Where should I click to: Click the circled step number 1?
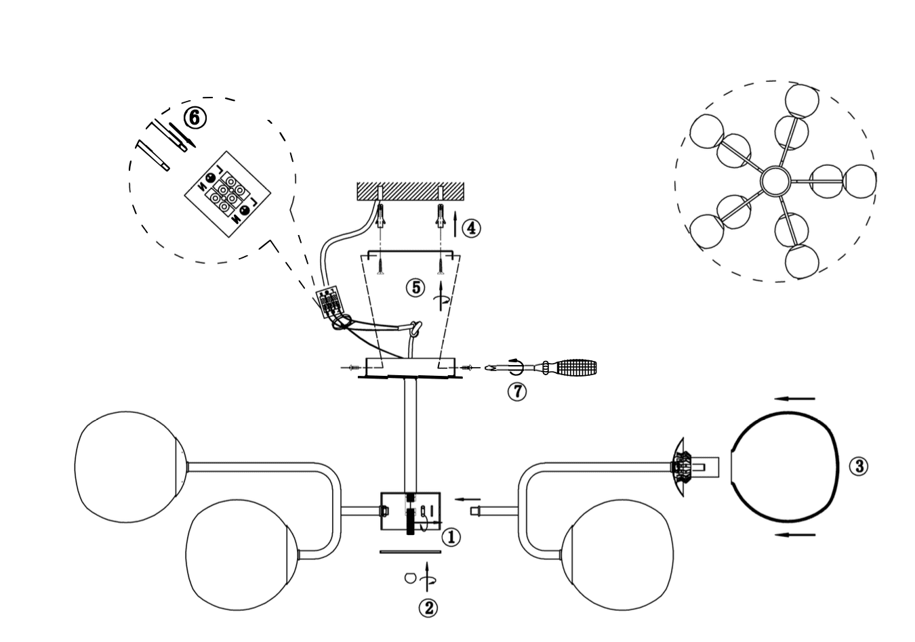coord(451,538)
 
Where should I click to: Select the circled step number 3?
coord(859,466)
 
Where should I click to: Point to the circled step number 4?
coord(471,228)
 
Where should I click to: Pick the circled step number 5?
coord(416,288)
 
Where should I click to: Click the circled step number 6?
coord(195,119)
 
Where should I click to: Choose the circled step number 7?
coord(517,392)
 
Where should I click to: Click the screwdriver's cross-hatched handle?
coord(577,367)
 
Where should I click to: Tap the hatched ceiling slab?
coord(411,191)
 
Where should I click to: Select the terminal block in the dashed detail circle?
coord(228,194)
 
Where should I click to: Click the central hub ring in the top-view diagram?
coord(775,181)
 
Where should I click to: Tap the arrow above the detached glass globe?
coord(794,399)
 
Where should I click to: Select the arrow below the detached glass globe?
coord(795,534)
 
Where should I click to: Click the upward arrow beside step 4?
coord(455,225)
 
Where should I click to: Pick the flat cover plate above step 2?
coord(411,552)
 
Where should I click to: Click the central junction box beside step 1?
coord(411,511)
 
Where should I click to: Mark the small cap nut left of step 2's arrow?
coord(410,578)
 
